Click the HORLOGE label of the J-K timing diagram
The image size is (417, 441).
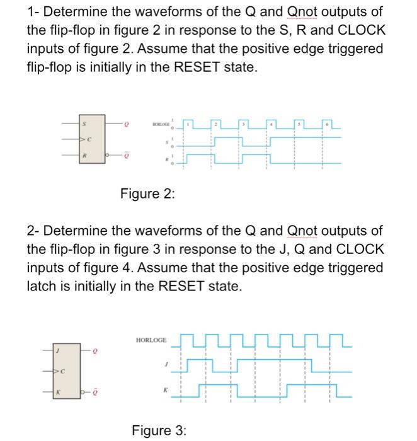152,340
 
